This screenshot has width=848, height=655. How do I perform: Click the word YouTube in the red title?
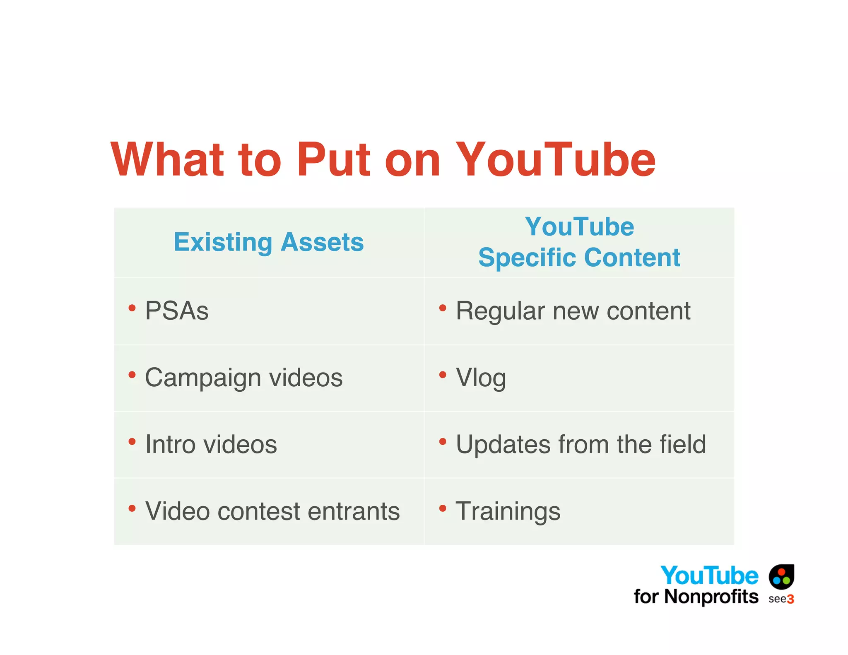click(556, 160)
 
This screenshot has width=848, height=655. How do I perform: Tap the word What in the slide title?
click(167, 160)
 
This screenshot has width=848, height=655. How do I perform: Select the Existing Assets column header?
click(269, 242)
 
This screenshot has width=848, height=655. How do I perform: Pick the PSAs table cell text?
click(177, 311)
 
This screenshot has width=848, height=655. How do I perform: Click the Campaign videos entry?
click(244, 378)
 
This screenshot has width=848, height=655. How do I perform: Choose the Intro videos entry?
click(211, 444)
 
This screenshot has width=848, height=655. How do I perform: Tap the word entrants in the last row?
click(354, 511)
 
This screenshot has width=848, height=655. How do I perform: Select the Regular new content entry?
click(573, 311)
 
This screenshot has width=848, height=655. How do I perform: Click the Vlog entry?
click(481, 378)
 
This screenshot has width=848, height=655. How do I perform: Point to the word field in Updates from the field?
click(683, 444)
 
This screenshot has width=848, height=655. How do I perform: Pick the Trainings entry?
click(508, 511)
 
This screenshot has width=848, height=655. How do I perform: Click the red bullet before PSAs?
click(132, 308)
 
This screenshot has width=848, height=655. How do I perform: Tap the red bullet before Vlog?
click(443, 375)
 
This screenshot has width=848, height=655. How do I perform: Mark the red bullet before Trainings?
click(443, 508)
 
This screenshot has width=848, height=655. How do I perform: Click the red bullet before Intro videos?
click(132, 442)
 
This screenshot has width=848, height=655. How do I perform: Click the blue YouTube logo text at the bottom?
click(709, 576)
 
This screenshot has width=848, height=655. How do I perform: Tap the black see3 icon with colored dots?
click(781, 576)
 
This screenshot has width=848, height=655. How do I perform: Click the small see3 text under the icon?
click(781, 599)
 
